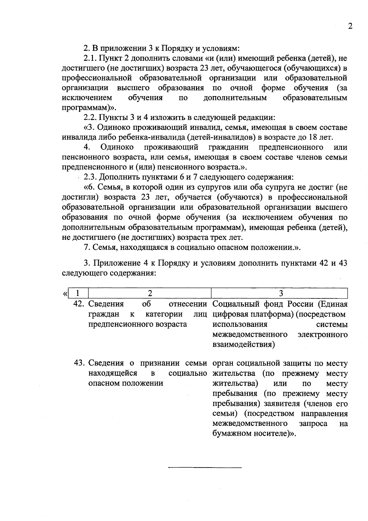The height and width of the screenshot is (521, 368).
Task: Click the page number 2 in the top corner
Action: (350, 26)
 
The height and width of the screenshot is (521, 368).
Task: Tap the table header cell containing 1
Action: (78, 293)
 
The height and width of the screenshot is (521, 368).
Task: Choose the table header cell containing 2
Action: (150, 293)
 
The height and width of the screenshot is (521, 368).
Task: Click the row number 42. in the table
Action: (79, 304)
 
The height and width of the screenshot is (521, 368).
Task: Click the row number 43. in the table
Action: (79, 363)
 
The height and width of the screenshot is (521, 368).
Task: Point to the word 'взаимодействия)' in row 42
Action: (243, 344)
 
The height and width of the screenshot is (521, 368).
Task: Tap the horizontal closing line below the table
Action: (205, 468)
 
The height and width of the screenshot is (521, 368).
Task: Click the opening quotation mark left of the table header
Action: (65, 294)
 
